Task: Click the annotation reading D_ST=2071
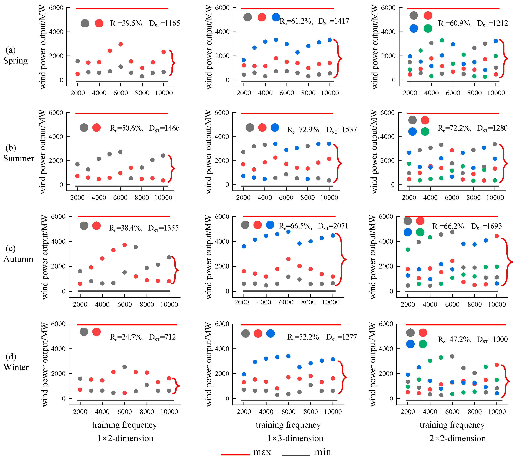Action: click(333, 226)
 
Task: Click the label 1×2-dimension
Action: click(125, 438)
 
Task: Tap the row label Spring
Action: click(15, 61)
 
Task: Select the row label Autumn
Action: click(18, 259)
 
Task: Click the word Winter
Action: click(16, 367)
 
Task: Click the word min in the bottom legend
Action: click(323, 452)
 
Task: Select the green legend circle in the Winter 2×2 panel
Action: click(423, 344)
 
